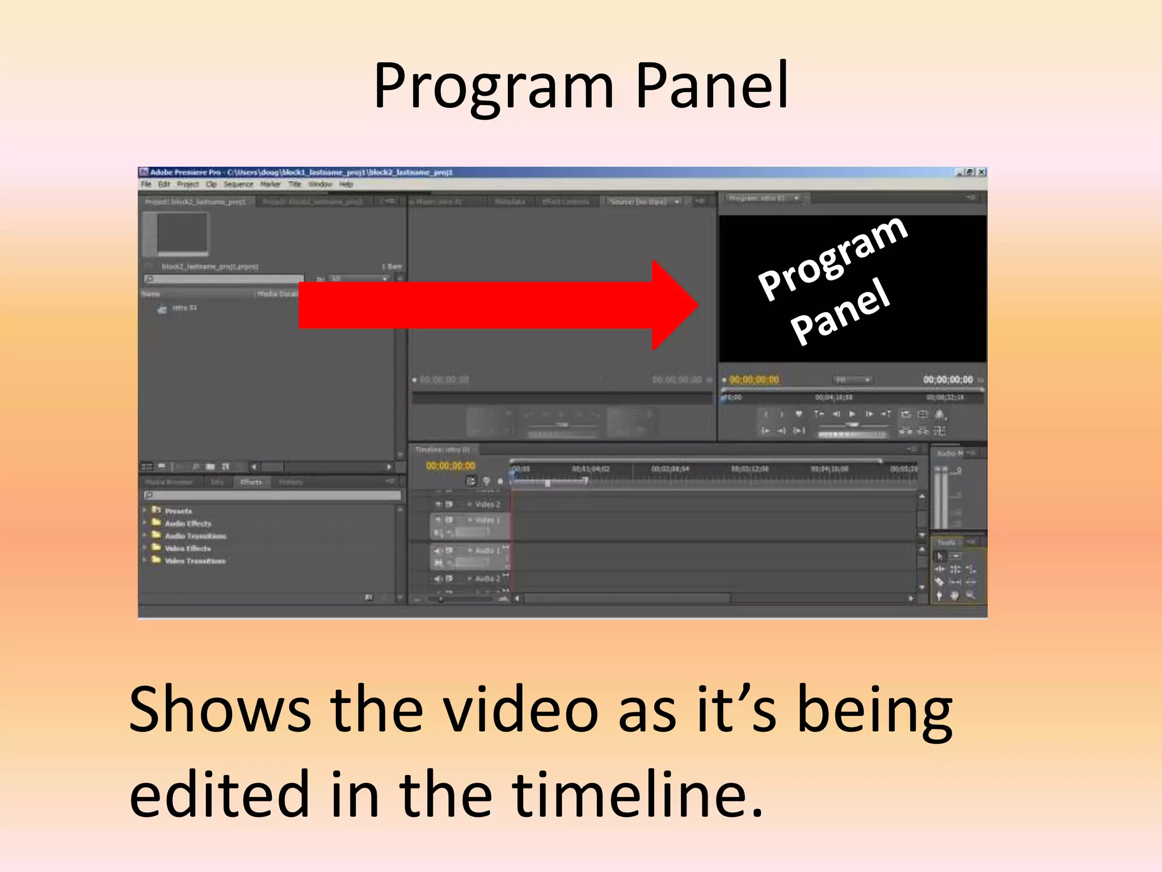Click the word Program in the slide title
pos(494,86)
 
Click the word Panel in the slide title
pos(712,86)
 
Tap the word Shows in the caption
pos(220,710)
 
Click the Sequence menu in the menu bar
pos(238,185)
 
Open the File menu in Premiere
pos(146,185)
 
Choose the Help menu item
pos(346,185)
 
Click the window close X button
pos(982,172)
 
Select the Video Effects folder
pos(187,548)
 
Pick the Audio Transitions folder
pos(195,536)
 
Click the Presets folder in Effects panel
pos(178,511)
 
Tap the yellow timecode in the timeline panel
pos(451,466)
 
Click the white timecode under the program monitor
pos(948,379)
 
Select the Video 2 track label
pos(487,504)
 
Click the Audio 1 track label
pos(487,550)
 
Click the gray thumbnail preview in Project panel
pos(182,233)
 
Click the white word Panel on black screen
pos(840,311)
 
